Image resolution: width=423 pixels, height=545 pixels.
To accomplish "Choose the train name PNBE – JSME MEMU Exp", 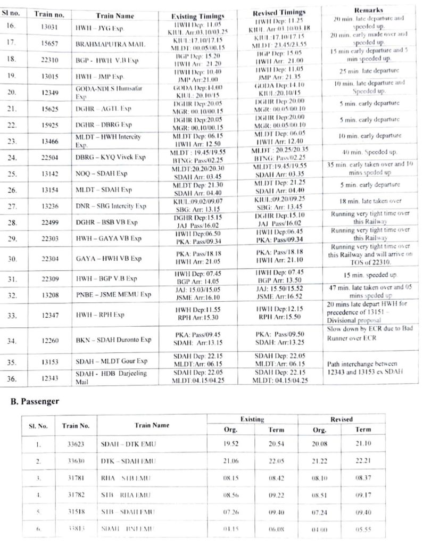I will point(113,294).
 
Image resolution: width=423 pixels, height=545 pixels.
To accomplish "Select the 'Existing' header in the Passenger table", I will point(253,419).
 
